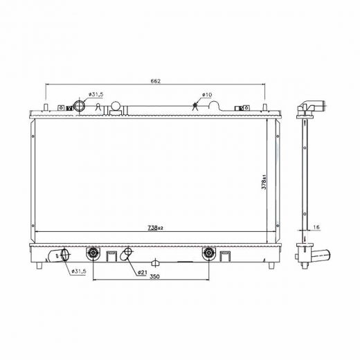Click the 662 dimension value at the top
(155, 81)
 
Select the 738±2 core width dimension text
(155, 228)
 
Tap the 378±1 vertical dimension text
(264, 182)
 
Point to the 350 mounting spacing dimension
(154, 276)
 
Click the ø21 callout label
(142, 273)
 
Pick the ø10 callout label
(207, 95)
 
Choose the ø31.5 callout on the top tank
(96, 94)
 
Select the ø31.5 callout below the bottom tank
(79, 271)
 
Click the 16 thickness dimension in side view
(316, 227)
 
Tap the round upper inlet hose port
(80, 106)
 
